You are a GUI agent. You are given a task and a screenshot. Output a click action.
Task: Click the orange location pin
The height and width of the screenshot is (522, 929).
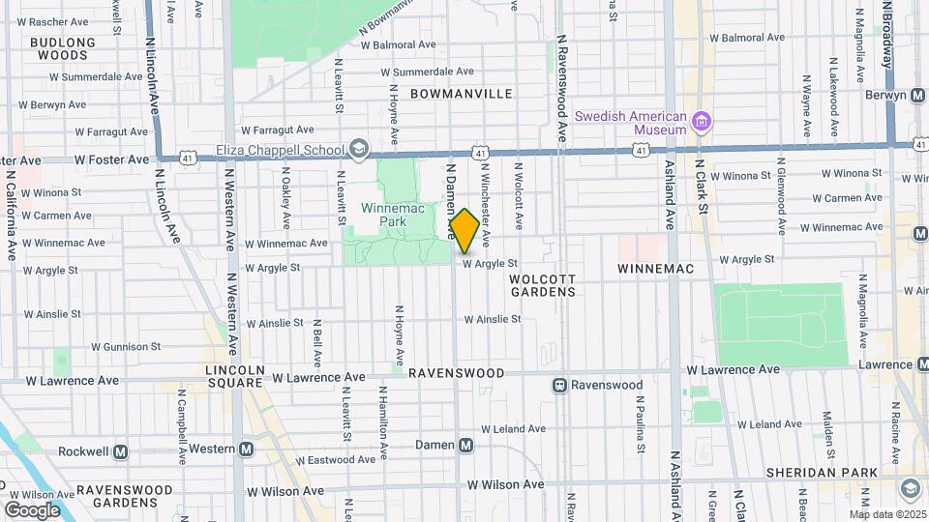(464, 230)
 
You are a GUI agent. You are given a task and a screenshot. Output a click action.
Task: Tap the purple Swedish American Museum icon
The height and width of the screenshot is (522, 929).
(702, 122)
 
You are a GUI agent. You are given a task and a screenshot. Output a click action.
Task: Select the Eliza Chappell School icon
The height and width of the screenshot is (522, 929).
(359, 148)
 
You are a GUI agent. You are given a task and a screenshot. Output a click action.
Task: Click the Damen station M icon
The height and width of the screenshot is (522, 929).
(466, 446)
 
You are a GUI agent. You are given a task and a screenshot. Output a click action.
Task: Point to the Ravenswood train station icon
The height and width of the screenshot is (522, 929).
(559, 385)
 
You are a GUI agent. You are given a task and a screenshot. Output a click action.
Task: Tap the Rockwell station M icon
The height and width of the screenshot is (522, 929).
(122, 451)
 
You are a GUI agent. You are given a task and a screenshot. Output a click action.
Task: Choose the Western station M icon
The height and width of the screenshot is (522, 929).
(247, 449)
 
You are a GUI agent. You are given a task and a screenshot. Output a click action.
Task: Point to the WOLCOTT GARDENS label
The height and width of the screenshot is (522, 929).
(542, 285)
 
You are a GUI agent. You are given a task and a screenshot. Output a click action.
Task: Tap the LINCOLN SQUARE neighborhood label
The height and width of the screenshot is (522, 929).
(234, 376)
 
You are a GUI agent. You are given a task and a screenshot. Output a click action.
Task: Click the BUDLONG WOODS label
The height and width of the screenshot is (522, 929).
(63, 48)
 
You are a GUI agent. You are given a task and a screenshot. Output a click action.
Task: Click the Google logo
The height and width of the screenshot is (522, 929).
(32, 509)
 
